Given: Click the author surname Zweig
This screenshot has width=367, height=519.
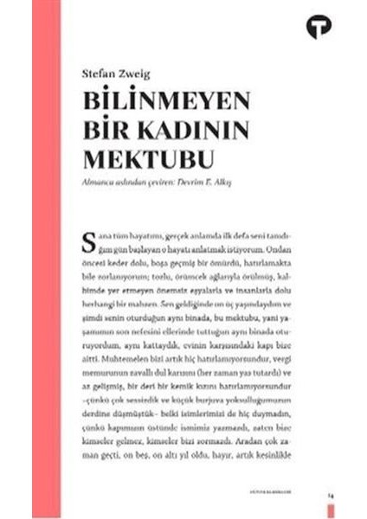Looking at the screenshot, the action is coord(132,75).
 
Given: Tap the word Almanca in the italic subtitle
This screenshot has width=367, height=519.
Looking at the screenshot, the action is coord(100,184).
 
